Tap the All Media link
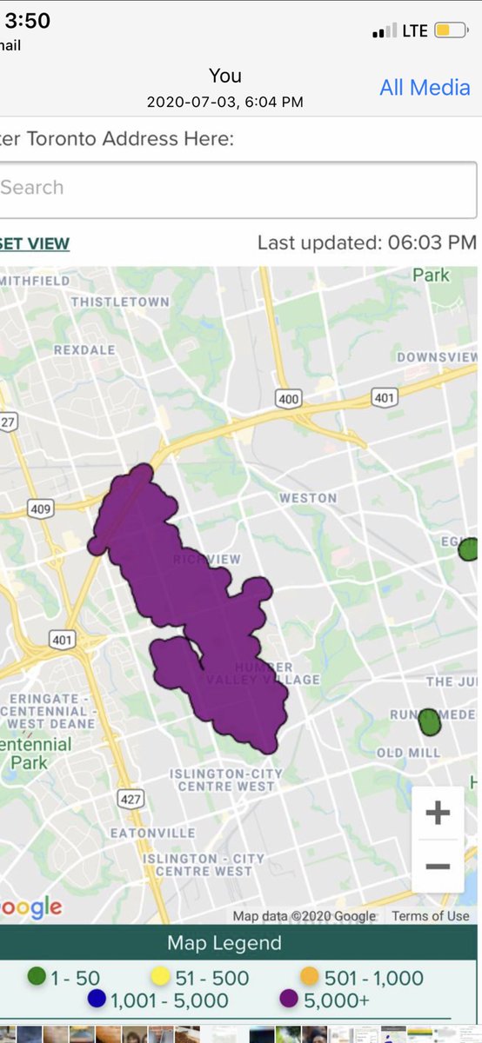coord(425,87)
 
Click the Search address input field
coord(235,188)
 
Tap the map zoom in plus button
coord(438,814)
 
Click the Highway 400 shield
coord(289,400)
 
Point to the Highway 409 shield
coord(41,508)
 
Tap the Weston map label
coord(307,498)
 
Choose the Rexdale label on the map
coord(84,349)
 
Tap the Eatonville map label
coord(152,833)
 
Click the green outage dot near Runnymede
coord(429,721)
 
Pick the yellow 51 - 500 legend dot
coord(160,979)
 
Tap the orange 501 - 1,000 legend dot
coord(309,979)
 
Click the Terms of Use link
coord(430,915)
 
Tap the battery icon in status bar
coord(449,31)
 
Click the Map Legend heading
coord(224,943)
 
